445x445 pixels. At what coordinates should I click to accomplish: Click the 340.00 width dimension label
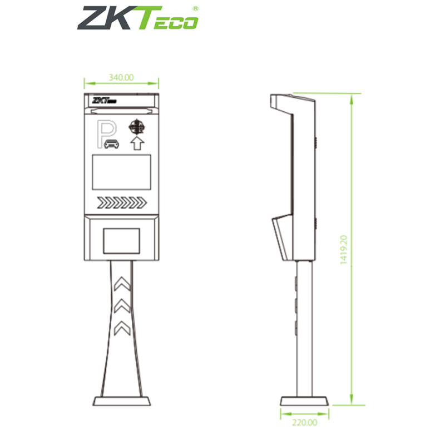click(x=121, y=78)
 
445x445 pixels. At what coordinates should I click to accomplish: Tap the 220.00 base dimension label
click(x=304, y=423)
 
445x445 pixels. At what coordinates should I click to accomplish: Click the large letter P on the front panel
click(x=106, y=132)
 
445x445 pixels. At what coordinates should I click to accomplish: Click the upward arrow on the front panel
click(x=137, y=144)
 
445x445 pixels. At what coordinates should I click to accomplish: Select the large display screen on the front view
click(x=121, y=172)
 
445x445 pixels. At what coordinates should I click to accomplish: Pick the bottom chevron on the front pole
click(x=121, y=328)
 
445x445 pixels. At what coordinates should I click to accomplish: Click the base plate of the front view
click(x=121, y=400)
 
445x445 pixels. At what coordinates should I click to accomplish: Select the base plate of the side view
click(x=304, y=401)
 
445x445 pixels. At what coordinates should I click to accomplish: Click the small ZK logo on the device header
click(x=104, y=101)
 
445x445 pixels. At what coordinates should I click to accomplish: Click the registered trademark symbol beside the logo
click(x=195, y=9)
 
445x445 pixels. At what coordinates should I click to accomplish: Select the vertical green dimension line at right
click(x=352, y=250)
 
